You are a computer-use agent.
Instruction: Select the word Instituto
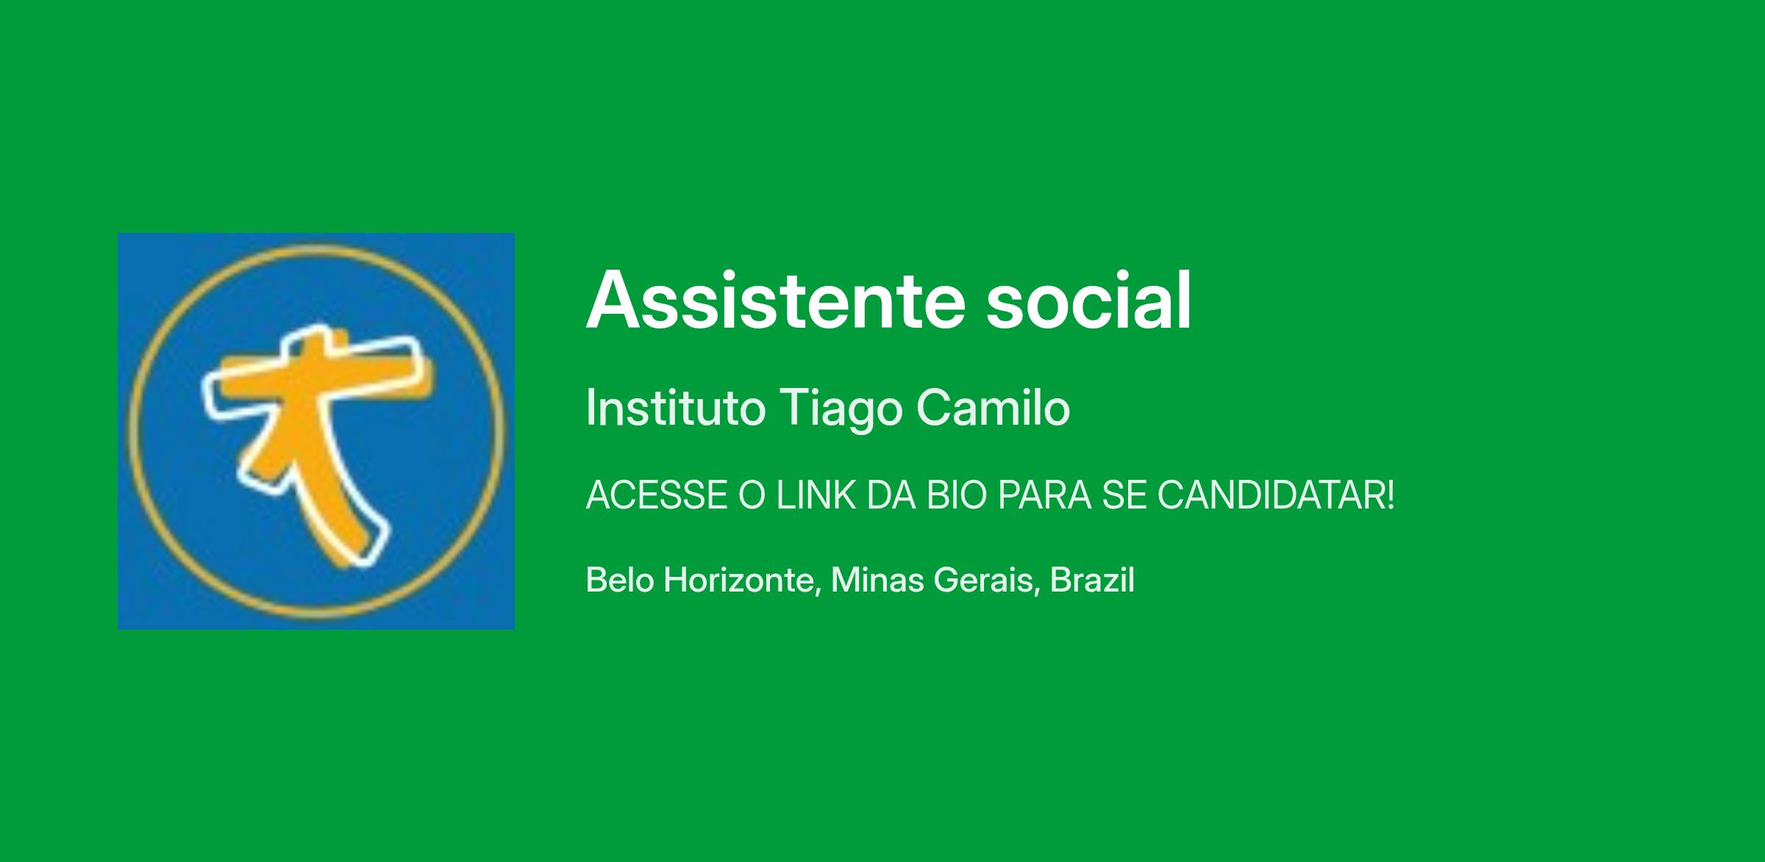675,408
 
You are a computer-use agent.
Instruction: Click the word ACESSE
657,495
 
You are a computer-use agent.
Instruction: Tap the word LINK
816,495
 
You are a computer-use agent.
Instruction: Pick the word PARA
1044,495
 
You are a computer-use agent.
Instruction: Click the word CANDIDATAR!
1276,495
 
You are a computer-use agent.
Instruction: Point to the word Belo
620,580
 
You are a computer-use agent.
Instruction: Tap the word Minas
877,580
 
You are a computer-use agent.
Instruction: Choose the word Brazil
1092,580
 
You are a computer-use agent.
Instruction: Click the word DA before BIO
891,495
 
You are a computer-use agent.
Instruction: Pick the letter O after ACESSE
752,495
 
